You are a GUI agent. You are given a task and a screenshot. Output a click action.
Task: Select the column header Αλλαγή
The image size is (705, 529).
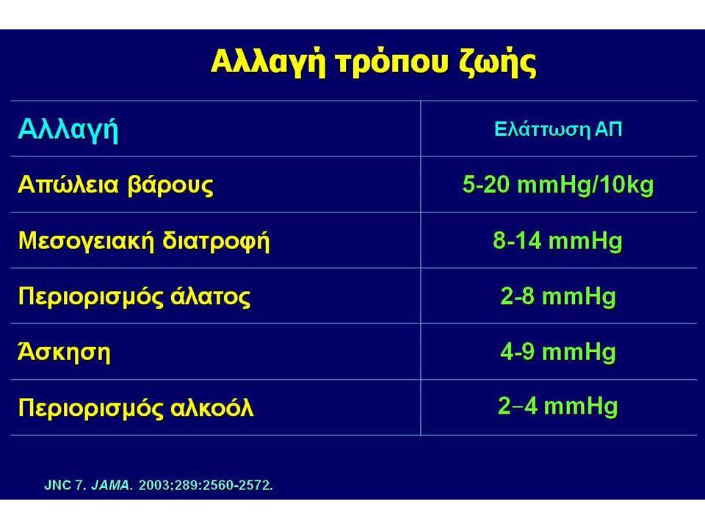[x=68, y=131]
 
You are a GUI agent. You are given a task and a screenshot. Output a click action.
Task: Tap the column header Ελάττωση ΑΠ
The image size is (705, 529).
[x=558, y=129]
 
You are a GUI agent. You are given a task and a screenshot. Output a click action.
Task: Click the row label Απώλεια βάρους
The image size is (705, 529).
[x=115, y=185]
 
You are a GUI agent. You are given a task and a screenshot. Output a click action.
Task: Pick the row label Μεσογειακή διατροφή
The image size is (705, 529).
[x=144, y=241]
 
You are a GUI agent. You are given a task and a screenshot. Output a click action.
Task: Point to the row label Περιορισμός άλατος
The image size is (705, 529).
[x=134, y=296]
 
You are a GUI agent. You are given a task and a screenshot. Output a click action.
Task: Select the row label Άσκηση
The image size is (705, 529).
[x=64, y=351]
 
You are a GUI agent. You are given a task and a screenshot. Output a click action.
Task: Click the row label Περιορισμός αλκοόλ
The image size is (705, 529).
[x=136, y=408]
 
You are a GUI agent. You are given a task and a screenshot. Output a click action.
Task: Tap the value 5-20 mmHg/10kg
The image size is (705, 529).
[x=558, y=185]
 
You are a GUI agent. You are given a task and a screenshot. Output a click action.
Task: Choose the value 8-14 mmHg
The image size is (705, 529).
[x=557, y=241]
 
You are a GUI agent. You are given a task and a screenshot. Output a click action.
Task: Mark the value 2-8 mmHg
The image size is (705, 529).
[x=558, y=296]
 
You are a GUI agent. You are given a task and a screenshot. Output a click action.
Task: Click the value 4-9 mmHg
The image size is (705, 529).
[x=558, y=352]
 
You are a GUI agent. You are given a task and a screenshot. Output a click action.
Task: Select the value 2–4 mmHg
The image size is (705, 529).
[x=558, y=406]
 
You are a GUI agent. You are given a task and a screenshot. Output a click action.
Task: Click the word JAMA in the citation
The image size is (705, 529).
[x=112, y=486]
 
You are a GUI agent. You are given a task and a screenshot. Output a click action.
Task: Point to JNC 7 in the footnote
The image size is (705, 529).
[x=65, y=486]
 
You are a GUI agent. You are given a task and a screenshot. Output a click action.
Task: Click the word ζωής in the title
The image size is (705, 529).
[x=498, y=63]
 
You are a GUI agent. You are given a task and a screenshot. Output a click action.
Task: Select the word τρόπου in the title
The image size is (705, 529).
[x=392, y=64]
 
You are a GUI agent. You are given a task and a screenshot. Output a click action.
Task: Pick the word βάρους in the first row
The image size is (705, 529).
[x=171, y=185]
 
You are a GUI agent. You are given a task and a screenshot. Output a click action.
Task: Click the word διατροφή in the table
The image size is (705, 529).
[x=216, y=241]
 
